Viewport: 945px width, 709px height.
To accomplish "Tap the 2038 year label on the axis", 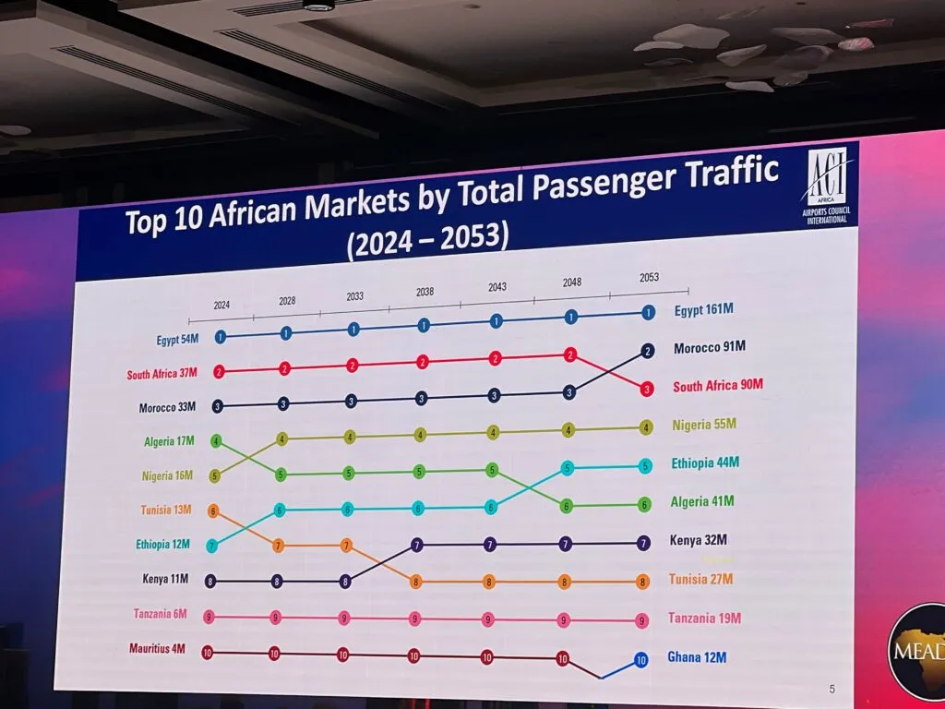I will tap(425, 292).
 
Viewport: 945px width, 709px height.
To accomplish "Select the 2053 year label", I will tap(649, 278).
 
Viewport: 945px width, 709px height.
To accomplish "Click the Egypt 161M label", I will tap(709, 311).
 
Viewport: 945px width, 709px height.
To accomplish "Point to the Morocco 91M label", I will tap(710, 348).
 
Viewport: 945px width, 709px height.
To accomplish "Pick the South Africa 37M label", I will tap(162, 374).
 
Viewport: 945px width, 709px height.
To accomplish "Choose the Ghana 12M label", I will tap(698, 658).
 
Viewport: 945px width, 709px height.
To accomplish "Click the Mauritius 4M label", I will tap(158, 649).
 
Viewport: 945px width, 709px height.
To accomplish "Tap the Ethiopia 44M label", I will tap(706, 463).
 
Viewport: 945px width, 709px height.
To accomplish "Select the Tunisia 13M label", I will tap(166, 510).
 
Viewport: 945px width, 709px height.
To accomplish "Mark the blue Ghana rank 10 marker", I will tap(641, 660).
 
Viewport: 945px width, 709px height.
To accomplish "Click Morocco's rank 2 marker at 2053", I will tap(648, 351).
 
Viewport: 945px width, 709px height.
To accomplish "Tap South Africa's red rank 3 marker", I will tap(647, 389).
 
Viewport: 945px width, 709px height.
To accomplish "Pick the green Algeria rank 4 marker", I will tap(217, 441).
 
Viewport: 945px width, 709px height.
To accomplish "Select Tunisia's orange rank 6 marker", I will tap(213, 510).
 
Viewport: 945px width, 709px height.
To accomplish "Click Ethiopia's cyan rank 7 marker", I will tap(212, 546).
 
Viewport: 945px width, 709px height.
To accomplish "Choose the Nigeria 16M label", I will tap(167, 476).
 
